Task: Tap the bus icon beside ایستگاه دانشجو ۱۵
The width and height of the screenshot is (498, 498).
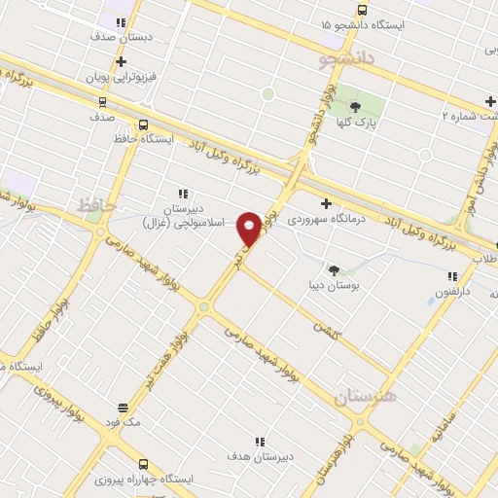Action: (363, 10)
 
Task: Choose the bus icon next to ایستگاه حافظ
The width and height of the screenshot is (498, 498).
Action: (144, 125)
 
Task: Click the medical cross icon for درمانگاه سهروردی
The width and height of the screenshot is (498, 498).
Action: (326, 204)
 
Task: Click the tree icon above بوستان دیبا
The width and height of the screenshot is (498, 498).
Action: (335, 270)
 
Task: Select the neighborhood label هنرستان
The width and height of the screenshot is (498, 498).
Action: (366, 397)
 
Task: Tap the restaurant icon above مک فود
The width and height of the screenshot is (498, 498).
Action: (123, 408)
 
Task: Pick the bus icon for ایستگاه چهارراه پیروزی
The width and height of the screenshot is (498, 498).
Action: (144, 464)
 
